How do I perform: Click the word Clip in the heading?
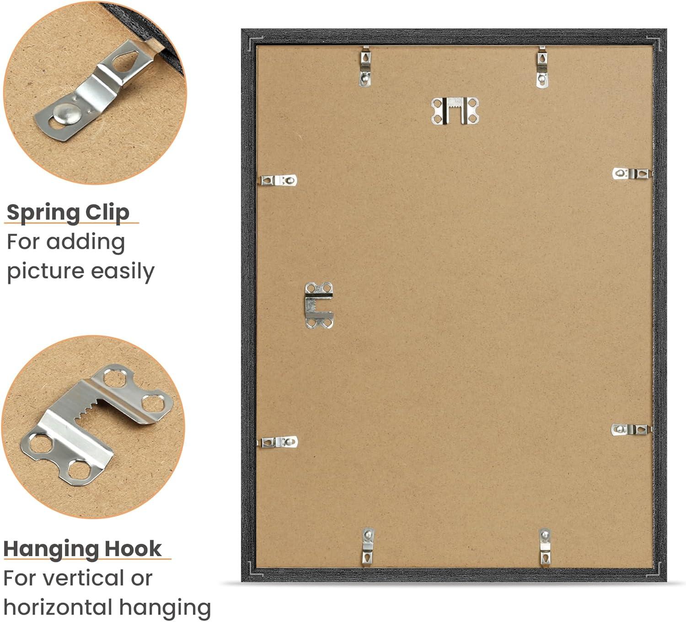coord(107,213)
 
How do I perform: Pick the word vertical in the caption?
coord(83,578)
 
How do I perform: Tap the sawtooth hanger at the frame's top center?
coord(455,111)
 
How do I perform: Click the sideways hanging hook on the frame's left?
coord(319,305)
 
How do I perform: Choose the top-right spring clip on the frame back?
coord(541,67)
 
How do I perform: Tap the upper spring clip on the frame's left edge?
coord(278,180)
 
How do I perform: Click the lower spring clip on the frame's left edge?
coord(279,442)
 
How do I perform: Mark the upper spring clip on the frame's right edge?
coord(632,173)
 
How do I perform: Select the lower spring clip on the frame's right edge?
coord(631,429)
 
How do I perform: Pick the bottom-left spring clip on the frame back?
coord(368,547)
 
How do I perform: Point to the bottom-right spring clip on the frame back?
coord(545,547)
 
